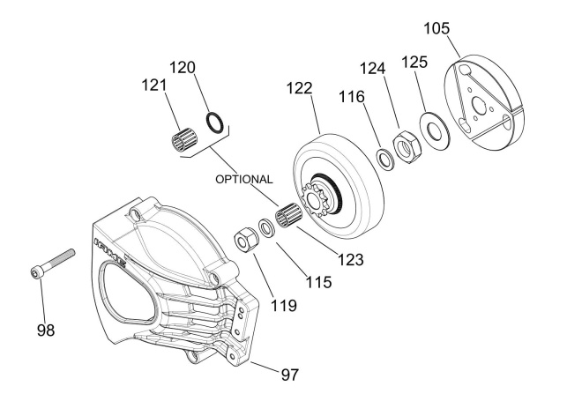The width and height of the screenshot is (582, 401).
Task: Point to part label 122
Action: coord(299,89)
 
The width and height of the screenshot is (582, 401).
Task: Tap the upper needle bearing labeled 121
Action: coord(181,138)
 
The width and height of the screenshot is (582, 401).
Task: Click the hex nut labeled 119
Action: coord(244,238)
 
